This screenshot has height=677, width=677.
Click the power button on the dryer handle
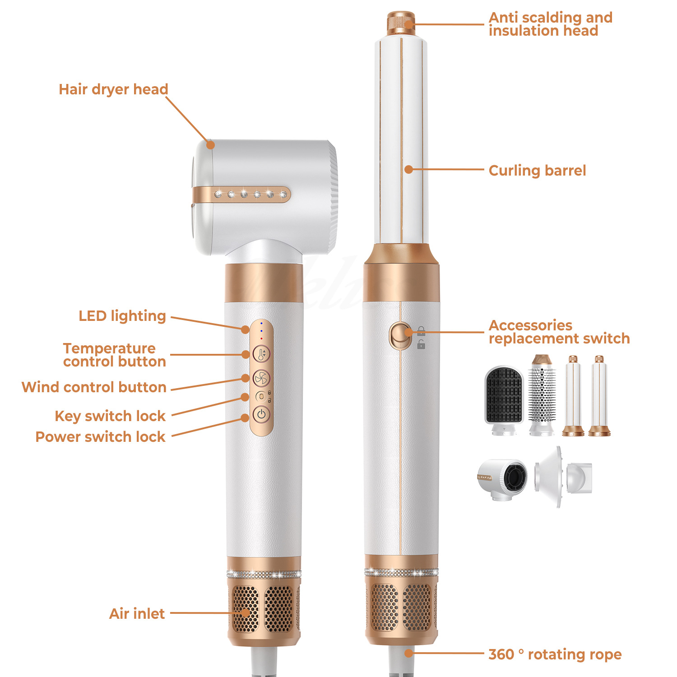tap(261, 414)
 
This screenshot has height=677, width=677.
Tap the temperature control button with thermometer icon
tap(261, 354)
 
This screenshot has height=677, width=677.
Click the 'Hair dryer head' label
tap(113, 89)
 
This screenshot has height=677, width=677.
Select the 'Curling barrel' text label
tap(537, 171)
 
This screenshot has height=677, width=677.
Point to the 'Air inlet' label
tap(137, 613)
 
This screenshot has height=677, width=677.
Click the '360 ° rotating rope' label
tap(555, 654)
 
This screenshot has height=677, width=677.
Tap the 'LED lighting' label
tap(122, 316)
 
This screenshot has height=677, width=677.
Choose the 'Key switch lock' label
tap(110, 416)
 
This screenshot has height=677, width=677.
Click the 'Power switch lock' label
tap(100, 436)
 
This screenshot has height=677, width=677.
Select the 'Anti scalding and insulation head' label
tap(551, 24)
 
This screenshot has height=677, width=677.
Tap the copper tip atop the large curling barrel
tap(401, 22)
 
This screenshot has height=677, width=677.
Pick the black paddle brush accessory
tap(504, 400)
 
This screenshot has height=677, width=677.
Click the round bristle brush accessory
tap(542, 395)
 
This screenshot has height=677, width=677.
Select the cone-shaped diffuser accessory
tap(563, 477)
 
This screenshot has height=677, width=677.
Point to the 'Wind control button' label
tap(94, 387)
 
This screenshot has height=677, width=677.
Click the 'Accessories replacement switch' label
tap(559, 332)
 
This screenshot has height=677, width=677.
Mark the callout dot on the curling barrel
tap(408, 170)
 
